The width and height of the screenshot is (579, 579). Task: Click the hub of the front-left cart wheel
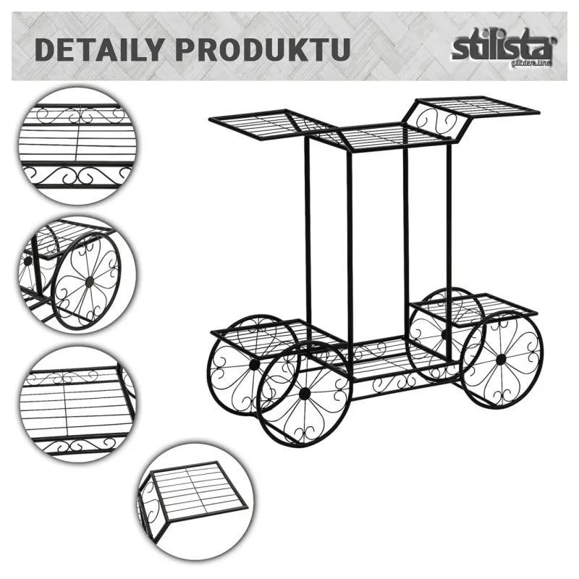305,393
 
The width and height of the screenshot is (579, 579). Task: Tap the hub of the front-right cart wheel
501,359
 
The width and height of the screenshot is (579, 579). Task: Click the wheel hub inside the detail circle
89,280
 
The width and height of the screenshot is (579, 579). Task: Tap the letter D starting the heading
46,49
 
